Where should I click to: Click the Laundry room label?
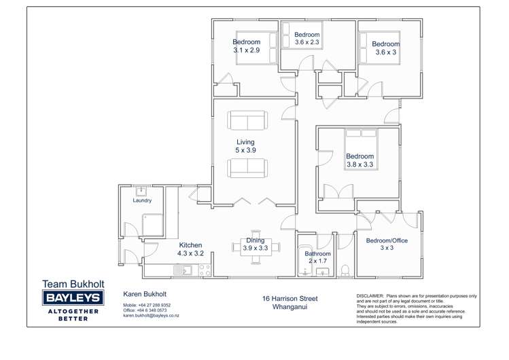point(142,200)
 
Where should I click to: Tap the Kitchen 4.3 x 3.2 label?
point(190,249)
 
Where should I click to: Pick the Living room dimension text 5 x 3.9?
point(245,150)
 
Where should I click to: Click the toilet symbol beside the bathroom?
point(345,270)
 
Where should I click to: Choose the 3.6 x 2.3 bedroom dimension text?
point(307,42)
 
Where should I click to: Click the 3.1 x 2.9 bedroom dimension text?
point(246,50)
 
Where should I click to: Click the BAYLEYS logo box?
point(73,298)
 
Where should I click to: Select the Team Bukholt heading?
point(73,284)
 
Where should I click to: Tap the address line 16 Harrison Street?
point(290,298)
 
